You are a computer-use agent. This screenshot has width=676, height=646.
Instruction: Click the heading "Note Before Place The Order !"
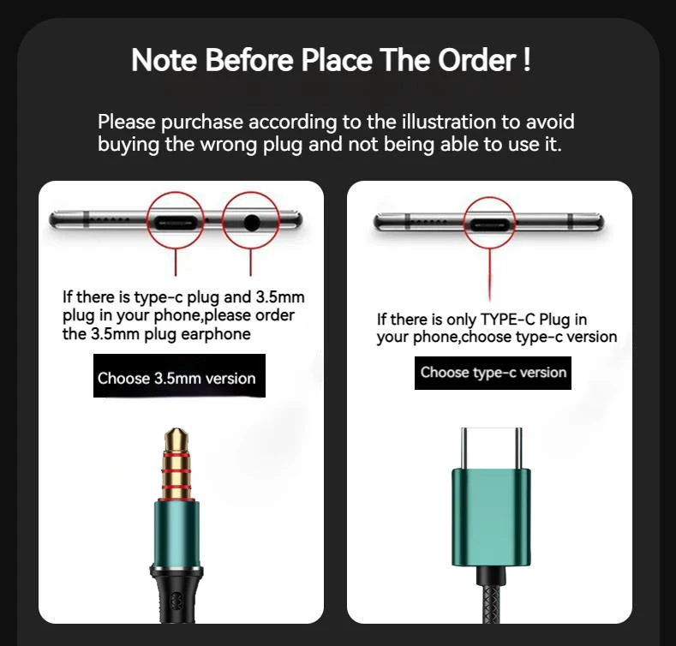[331, 61]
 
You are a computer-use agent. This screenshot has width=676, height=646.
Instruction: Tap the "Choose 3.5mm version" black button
[176, 378]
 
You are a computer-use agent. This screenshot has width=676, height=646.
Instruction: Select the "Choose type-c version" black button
[494, 373]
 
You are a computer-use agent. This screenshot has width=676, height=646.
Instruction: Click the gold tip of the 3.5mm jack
[176, 446]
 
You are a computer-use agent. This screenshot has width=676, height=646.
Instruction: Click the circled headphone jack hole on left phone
[252, 222]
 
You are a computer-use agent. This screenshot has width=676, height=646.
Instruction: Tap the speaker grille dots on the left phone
[111, 220]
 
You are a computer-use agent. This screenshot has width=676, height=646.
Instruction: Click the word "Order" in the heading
[478, 61]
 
